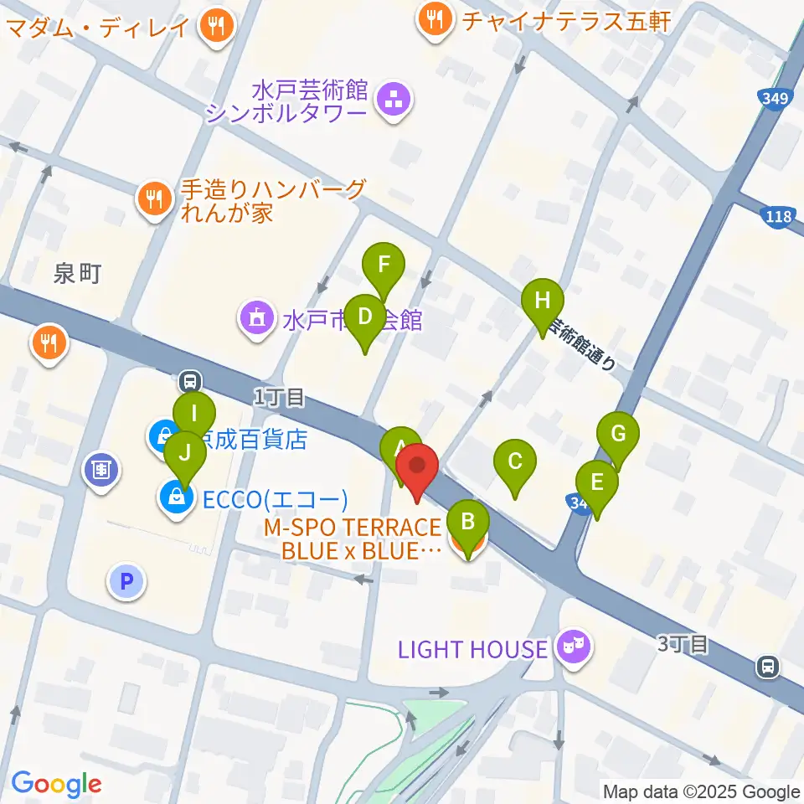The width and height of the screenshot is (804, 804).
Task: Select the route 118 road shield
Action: (778, 217)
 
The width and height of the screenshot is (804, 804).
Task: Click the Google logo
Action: (56, 784)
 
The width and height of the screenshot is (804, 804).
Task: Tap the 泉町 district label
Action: (77, 274)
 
